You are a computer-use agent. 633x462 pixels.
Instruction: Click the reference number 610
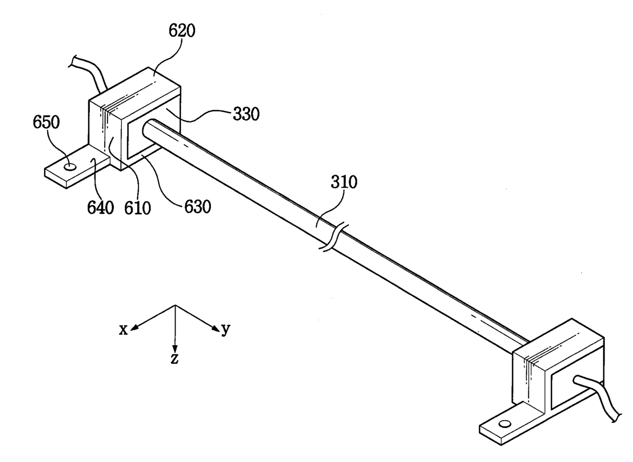[x=137, y=208]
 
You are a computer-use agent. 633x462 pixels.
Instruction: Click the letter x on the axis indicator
[x=124, y=330]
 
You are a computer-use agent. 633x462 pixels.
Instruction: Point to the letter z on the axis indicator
[x=175, y=358]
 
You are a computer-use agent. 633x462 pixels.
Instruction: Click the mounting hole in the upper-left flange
[x=70, y=166]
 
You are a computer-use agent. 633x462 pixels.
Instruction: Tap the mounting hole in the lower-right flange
[x=505, y=424]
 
